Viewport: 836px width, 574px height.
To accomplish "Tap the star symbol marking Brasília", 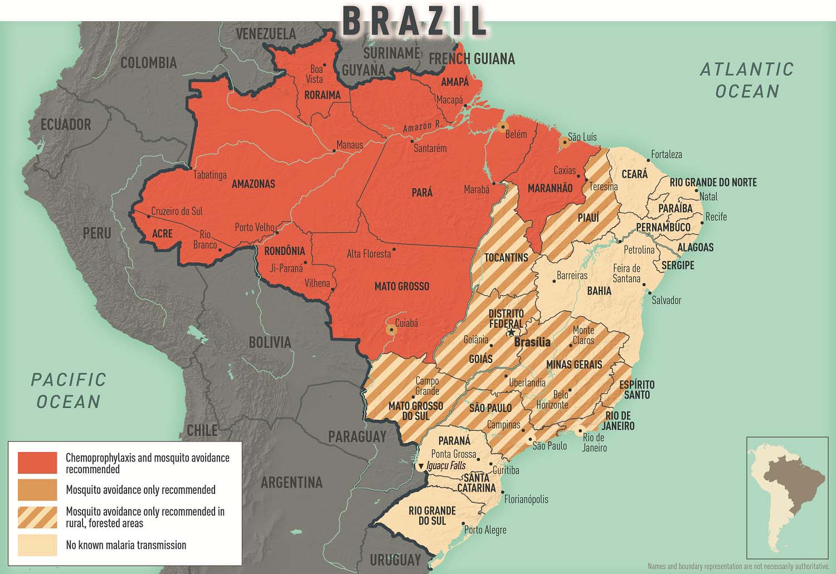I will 511,332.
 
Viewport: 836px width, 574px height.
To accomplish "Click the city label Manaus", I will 349,145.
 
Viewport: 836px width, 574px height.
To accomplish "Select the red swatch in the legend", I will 37,463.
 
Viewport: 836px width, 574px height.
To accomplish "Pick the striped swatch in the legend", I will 37,517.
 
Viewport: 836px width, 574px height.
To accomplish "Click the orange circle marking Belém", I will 503,126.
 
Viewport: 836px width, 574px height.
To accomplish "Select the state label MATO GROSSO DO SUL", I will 415,411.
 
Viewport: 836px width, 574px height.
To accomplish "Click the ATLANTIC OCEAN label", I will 747,80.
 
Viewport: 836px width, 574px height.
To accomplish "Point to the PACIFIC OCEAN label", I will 68,390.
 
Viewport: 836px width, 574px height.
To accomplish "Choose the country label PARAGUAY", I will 357,436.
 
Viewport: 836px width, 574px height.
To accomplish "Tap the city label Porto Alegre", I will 485,529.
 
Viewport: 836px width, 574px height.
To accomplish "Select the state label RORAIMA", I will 322,95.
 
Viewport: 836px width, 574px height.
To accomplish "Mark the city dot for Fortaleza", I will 647,158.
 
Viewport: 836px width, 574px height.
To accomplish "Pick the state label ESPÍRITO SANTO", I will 636,390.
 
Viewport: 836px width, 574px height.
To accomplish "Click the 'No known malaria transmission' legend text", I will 126,545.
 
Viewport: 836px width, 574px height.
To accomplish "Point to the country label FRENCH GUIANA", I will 471,58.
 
